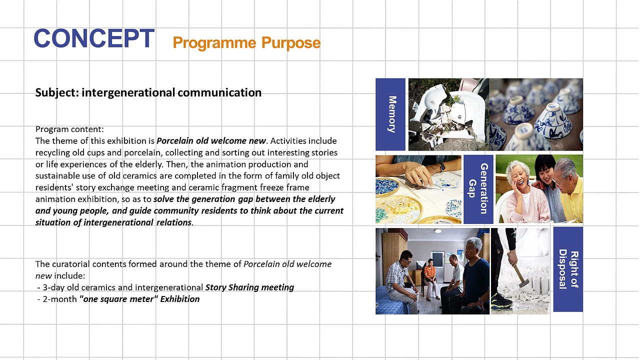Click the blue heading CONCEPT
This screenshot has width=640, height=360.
coord(94,38)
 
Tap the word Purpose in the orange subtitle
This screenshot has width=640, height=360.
coord(291,43)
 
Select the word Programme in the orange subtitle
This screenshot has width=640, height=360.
coord(214,43)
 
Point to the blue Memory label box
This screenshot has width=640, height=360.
coord(390,114)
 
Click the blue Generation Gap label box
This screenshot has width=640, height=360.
coord(478,189)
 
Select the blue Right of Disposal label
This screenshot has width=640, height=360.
coord(568,269)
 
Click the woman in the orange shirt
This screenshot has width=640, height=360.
coord(429,279)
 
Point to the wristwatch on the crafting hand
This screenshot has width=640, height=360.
coord(442,167)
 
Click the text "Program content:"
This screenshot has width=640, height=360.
coord(69,129)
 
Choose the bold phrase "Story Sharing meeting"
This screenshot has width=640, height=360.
coord(249,287)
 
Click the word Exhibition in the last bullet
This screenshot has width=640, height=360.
coord(179,299)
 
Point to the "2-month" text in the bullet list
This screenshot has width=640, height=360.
coord(59,299)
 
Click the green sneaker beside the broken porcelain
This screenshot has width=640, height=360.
coord(501,301)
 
